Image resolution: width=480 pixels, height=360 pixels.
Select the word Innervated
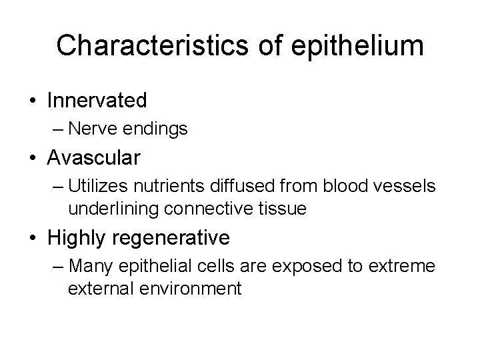[97, 101]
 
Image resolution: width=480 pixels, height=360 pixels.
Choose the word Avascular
[94, 158]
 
